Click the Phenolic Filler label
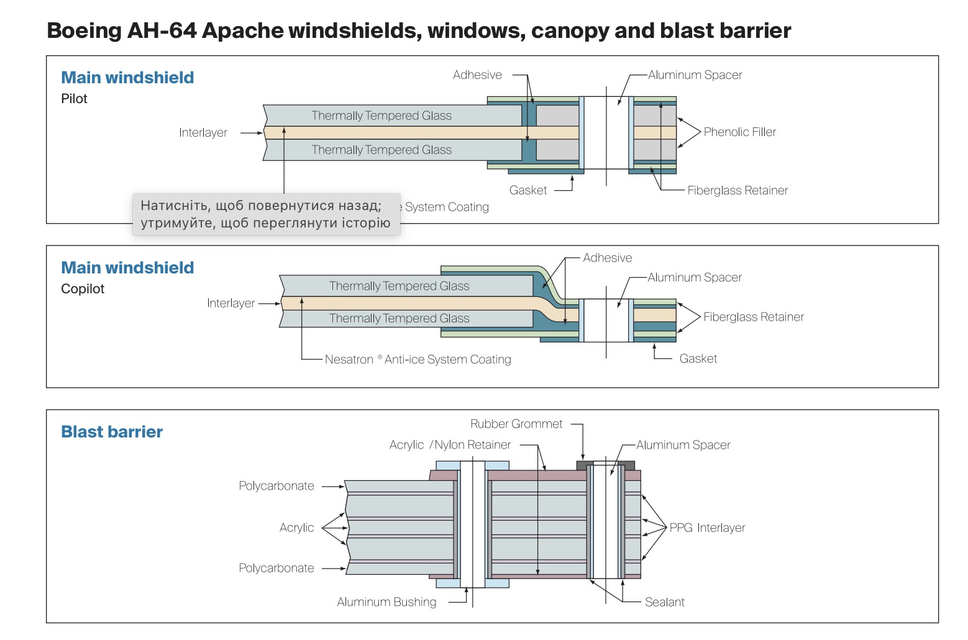click(739, 132)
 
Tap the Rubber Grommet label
click(516, 424)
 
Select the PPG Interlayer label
click(707, 528)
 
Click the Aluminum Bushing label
click(386, 602)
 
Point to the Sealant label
click(664, 602)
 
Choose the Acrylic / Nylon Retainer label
click(450, 445)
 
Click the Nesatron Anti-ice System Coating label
click(418, 360)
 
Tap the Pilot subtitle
click(74, 99)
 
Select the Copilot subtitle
click(83, 289)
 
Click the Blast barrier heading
click(112, 432)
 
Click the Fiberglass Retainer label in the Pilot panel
click(737, 191)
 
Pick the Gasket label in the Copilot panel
click(698, 359)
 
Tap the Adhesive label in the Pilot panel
click(477, 75)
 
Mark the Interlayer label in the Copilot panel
click(231, 303)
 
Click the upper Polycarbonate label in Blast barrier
click(276, 486)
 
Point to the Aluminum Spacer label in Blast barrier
click(683, 445)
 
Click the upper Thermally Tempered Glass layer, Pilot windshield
click(381, 116)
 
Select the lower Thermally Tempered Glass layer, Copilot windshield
click(399, 319)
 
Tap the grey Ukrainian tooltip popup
click(266, 214)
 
